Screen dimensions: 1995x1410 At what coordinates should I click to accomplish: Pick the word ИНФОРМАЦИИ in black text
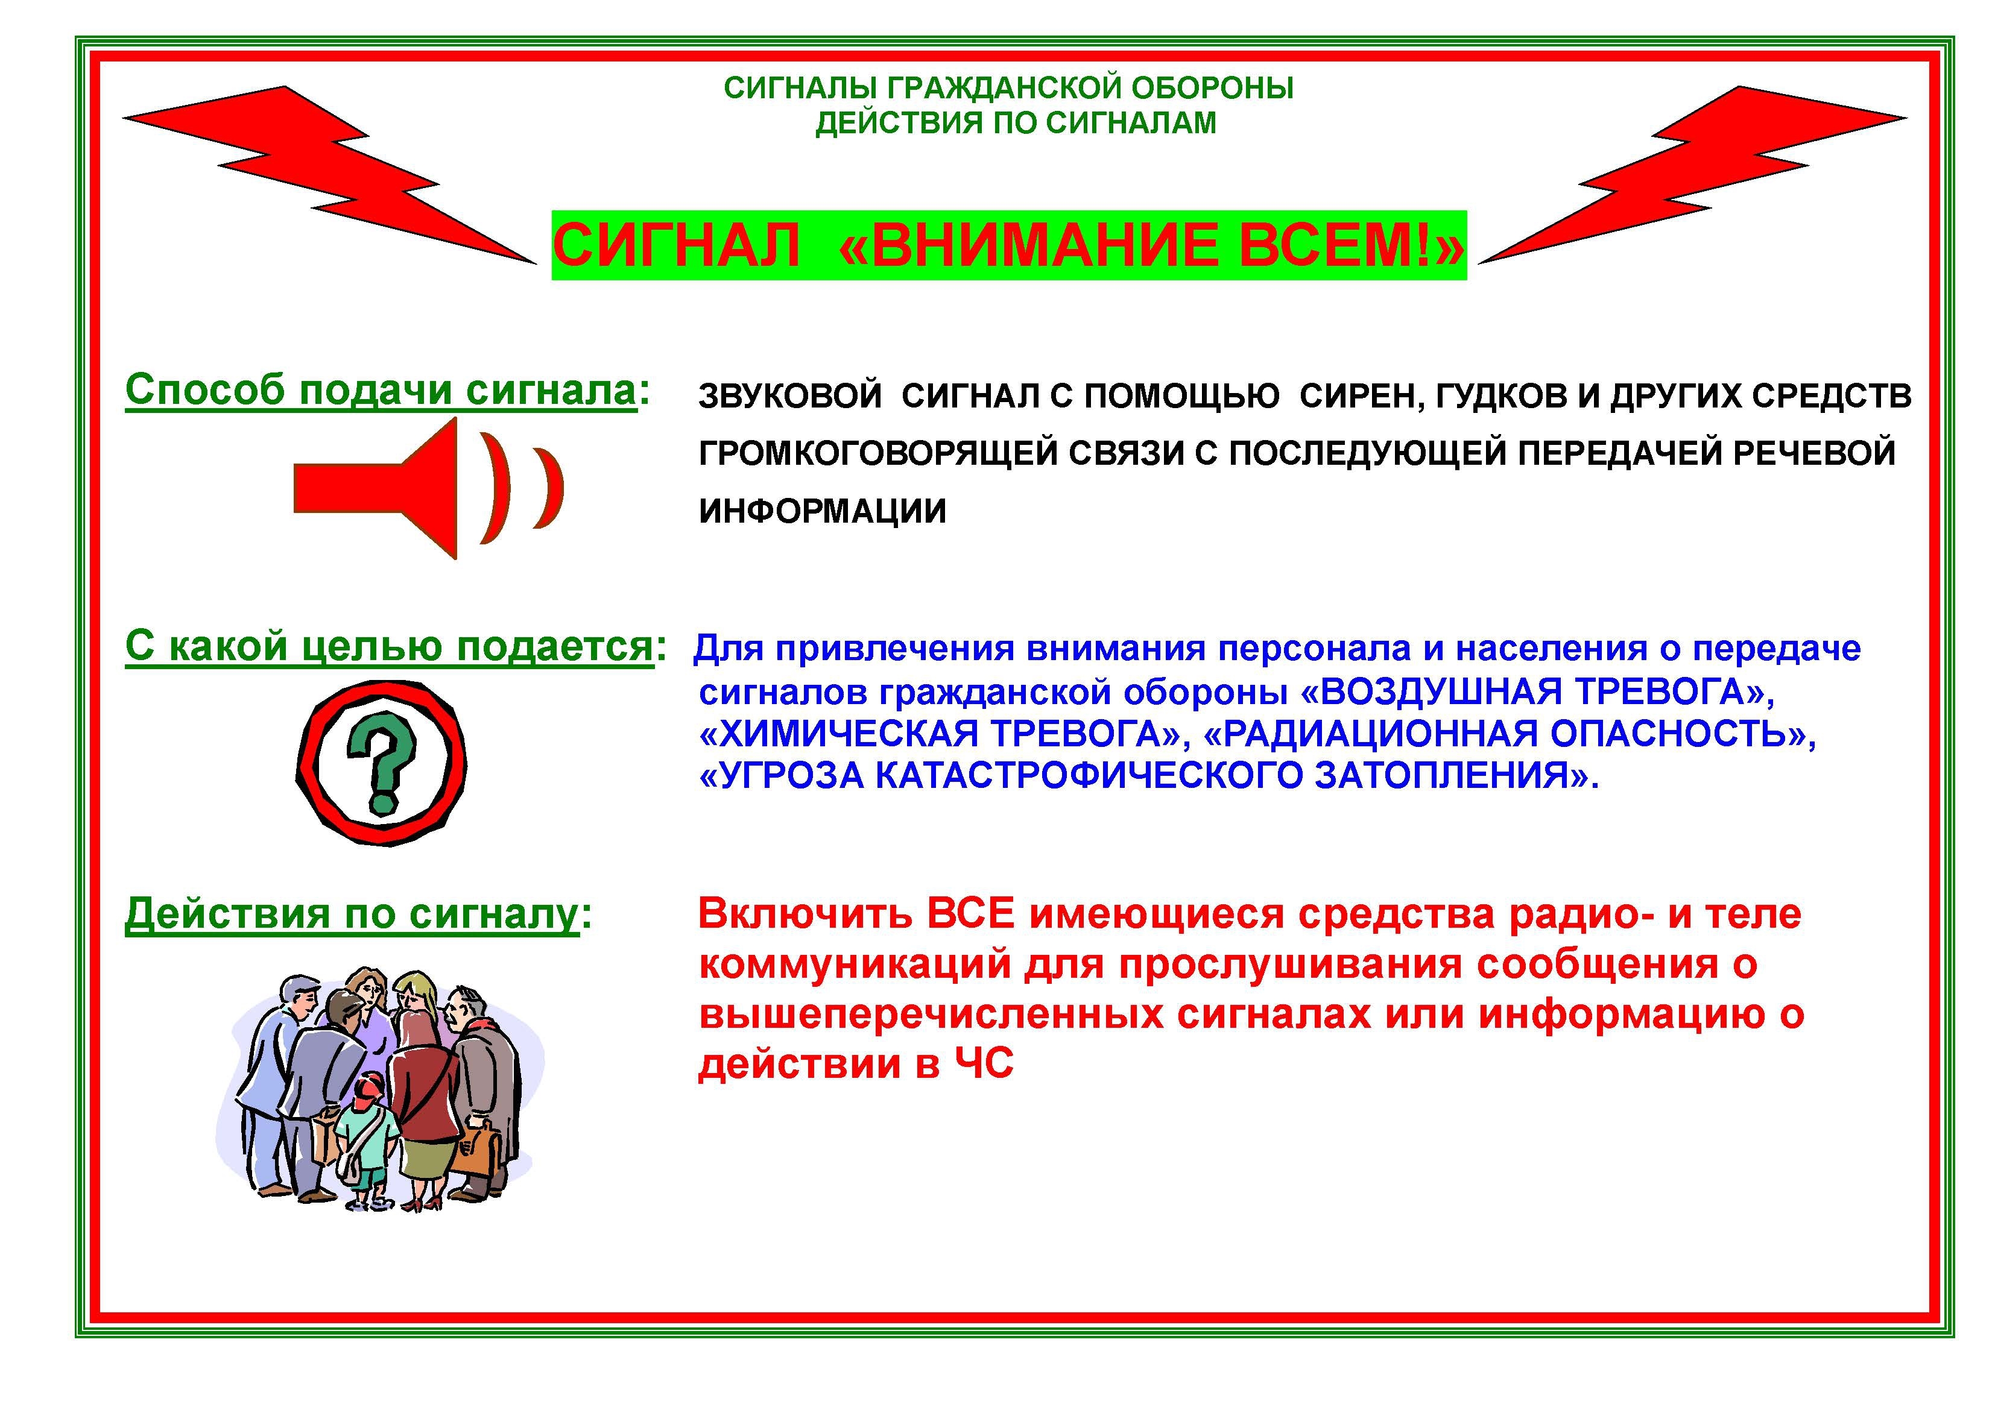tap(822, 511)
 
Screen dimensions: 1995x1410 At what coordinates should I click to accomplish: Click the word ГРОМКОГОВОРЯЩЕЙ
tap(879, 453)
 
